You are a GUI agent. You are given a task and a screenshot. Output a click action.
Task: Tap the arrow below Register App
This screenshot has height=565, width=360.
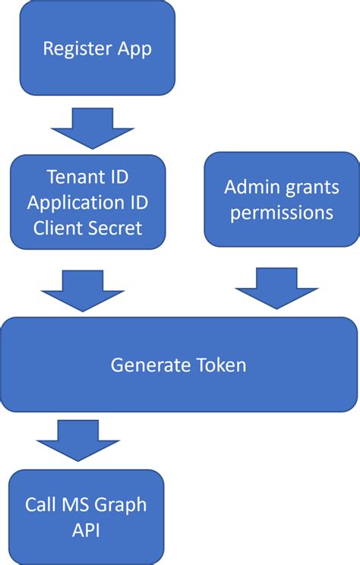[91, 127]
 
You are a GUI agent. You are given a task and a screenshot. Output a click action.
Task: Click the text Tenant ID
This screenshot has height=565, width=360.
[87, 178]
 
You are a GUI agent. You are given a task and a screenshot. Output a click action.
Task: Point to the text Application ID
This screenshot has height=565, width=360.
[87, 203]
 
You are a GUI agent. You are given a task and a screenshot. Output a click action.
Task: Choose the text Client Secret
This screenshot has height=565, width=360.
[87, 228]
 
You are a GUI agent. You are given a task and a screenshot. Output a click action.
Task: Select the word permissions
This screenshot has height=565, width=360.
[282, 212]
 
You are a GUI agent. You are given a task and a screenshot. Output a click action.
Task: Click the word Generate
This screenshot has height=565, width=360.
[145, 365]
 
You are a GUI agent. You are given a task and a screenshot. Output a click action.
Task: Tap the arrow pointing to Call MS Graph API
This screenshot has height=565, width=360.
[78, 439]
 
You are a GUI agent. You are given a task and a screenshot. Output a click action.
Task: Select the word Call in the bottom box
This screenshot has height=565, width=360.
[39, 504]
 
